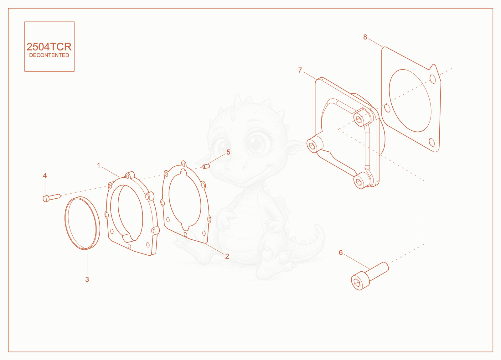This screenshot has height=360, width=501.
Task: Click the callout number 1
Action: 98,165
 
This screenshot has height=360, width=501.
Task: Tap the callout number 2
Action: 227,256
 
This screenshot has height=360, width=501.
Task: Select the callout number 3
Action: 87,279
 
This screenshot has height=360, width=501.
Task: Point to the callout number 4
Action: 45,176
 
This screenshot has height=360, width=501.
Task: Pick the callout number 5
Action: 228,152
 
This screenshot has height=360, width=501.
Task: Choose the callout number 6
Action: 341,253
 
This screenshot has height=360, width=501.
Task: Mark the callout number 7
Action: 300,70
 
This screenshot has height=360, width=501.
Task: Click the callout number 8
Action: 365,37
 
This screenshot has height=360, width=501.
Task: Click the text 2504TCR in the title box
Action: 49,47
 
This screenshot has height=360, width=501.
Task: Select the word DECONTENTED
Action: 49,55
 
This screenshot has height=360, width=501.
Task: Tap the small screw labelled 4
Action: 51,198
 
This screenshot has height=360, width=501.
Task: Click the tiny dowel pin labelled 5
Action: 206,166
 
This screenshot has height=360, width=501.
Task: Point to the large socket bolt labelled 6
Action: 370,276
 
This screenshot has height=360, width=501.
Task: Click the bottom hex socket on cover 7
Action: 359,182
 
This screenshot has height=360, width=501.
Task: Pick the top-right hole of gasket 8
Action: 433,79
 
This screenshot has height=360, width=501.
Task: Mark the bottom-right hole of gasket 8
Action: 432,142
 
